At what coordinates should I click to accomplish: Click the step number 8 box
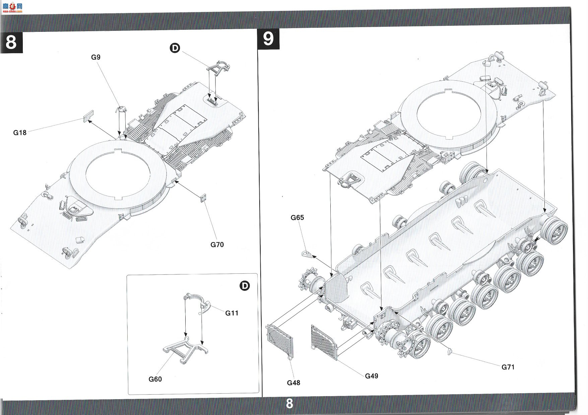[11, 42]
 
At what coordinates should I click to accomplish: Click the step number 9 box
[268, 39]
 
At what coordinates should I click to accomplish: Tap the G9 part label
[96, 57]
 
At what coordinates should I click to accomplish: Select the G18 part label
[20, 133]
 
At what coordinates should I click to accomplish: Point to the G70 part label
[217, 245]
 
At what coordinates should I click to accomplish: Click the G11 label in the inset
[232, 313]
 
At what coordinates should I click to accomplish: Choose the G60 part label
[155, 379]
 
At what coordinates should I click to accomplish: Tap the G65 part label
[297, 218]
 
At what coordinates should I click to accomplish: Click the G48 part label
[293, 383]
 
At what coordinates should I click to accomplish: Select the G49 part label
[372, 376]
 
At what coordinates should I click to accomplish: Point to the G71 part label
[508, 367]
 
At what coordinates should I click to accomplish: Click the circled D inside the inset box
[245, 286]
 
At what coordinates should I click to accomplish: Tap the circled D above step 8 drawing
[175, 48]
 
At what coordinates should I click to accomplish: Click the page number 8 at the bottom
[289, 404]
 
